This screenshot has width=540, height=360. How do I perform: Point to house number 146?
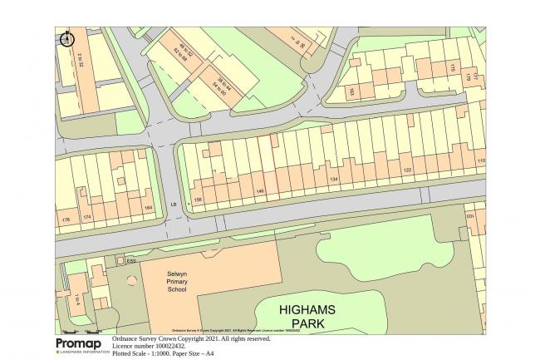click(260, 192)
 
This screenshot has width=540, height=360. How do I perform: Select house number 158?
click(199, 200)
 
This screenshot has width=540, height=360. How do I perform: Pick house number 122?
click(407, 170)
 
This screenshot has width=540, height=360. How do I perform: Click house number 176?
click(65, 220)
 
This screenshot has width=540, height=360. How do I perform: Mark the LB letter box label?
click(174, 204)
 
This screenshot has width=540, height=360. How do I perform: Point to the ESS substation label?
click(130, 259)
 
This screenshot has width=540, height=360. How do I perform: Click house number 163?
click(351, 91)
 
